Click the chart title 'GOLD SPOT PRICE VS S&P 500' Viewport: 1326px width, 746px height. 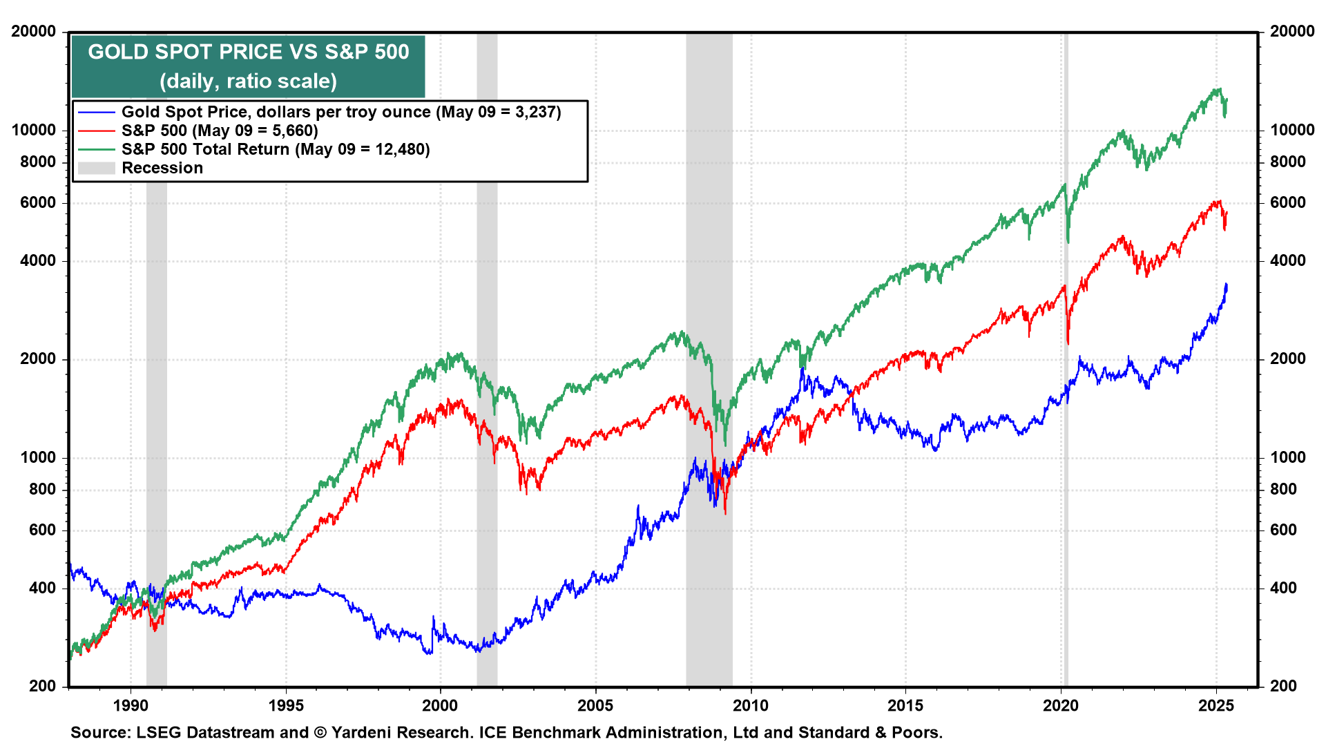248,52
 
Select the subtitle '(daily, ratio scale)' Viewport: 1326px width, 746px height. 248,82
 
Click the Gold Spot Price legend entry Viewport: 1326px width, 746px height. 341,112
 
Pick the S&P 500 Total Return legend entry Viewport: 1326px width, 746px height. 276,149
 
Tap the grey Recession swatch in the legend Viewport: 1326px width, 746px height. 96,168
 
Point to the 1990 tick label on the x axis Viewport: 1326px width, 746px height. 131,705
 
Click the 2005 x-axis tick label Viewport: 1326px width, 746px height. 595,705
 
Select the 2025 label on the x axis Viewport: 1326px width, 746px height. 1215,705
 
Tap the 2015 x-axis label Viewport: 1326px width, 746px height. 905,705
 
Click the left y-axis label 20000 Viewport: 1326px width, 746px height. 34,31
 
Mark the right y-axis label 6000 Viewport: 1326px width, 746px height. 1288,202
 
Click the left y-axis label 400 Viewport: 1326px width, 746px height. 43,588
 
